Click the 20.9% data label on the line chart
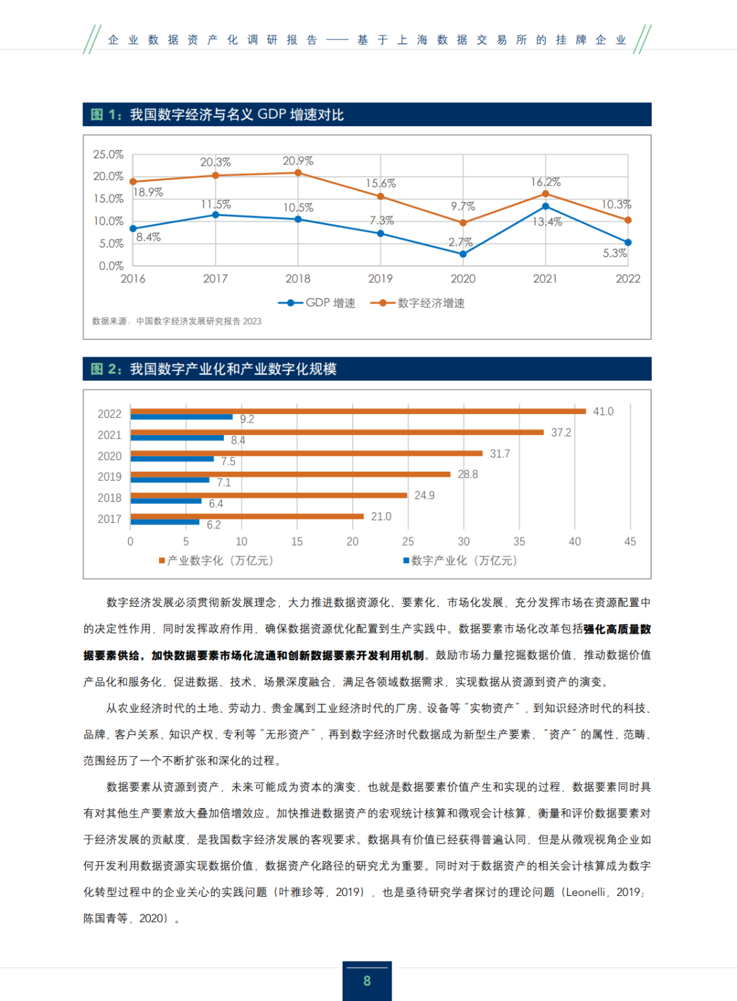pos(298,161)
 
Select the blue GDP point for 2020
pos(463,254)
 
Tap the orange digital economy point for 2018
pos(298,173)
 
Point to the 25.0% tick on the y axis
pos(109,155)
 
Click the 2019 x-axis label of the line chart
pos(380,279)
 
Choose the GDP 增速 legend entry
pos(317,303)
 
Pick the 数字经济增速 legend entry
pos(418,303)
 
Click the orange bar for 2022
pos(358,411)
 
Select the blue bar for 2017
pos(165,522)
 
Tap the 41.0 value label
pos(603,412)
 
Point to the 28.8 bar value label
pos(468,475)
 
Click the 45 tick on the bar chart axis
pos(630,541)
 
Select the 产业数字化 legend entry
pos(216,561)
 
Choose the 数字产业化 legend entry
pos(461,561)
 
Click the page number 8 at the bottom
pos(367,981)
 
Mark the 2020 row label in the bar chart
pos(109,456)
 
